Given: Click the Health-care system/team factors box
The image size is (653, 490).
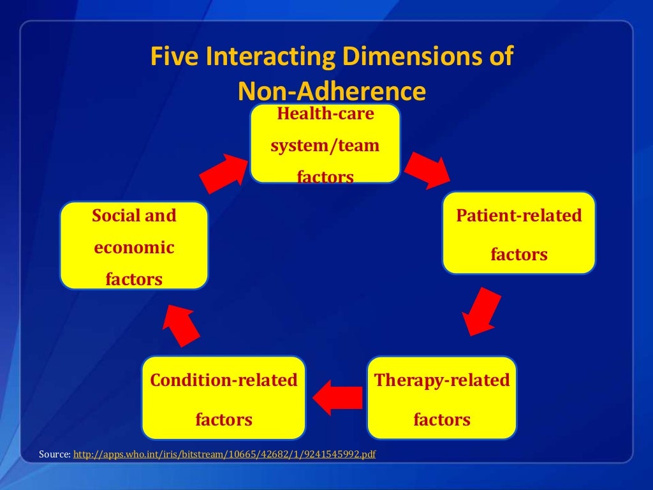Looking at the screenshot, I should (x=325, y=144).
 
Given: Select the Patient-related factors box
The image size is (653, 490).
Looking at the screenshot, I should (x=518, y=234).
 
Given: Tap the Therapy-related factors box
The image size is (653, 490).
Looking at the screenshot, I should (x=442, y=399).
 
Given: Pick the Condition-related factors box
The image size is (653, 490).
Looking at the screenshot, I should (x=224, y=399).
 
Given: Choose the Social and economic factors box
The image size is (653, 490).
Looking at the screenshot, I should (x=134, y=246).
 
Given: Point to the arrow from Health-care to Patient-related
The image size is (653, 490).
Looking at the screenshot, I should (x=427, y=169).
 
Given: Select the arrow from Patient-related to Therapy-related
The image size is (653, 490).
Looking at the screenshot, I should (x=480, y=313).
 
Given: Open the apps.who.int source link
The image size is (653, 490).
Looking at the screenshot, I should (x=224, y=454).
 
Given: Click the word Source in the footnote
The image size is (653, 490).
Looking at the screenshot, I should (x=54, y=454).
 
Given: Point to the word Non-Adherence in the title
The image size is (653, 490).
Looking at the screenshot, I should (x=331, y=91).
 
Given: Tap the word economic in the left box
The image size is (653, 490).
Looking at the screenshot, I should (x=134, y=248).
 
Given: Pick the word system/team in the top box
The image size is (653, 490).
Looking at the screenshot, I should (x=325, y=145).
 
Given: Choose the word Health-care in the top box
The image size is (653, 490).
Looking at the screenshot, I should (x=325, y=115).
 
